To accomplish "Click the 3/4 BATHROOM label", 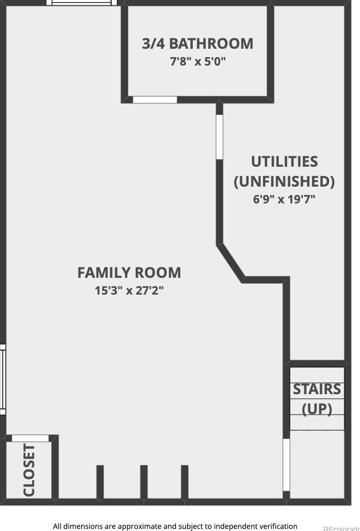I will [198, 44].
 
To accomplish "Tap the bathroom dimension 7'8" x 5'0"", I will [198, 61].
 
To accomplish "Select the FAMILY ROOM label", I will [129, 273].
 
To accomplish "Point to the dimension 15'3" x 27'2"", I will [129, 290].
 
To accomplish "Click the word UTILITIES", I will [284, 161].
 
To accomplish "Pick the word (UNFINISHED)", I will [284, 181].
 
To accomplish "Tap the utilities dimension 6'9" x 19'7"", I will [284, 199].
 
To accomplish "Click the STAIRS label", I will [317, 389].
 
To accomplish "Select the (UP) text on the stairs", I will [317, 408].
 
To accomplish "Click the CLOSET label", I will [29, 470].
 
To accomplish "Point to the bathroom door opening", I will [155, 100].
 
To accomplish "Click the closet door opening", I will [30, 438].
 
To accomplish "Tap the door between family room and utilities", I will [220, 137].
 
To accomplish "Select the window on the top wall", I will [82, 3].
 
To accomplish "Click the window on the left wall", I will [2, 379].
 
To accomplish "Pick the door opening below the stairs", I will [286, 464].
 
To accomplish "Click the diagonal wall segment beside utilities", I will [231, 262].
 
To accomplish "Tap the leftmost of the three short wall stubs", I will [100, 482].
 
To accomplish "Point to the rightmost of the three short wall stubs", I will [184, 482].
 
